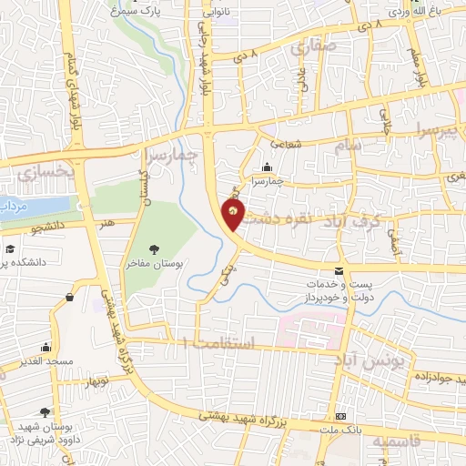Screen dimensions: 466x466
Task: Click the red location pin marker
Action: point(234,215)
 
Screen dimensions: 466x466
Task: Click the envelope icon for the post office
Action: point(339,271)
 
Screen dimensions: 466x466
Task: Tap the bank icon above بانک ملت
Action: point(341,414)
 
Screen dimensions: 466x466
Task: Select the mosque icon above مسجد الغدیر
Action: point(46,347)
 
